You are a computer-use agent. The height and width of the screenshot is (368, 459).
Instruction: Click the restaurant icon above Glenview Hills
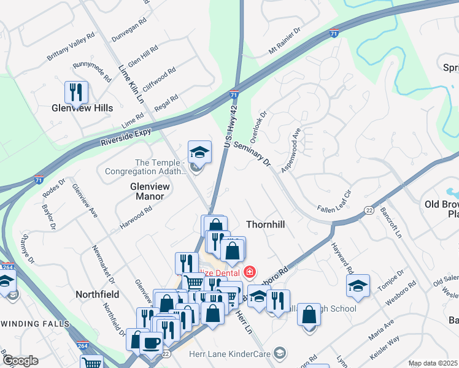coord(77,93)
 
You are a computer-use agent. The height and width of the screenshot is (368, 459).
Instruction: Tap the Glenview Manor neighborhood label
coord(147,190)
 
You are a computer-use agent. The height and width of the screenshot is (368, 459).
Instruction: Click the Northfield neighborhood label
coord(97,294)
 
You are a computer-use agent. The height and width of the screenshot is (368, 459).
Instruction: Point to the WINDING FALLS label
coord(34,323)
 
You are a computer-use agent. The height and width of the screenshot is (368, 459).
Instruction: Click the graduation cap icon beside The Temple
coord(199,151)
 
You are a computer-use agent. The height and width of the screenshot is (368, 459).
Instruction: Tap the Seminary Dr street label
coord(252,150)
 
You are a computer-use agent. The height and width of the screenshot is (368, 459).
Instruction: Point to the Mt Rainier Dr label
coord(285,40)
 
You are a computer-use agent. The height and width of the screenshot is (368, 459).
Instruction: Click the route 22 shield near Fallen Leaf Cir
coord(368,210)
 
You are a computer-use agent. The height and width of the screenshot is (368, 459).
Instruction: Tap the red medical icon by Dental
coord(250,270)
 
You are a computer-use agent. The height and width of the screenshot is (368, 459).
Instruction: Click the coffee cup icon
coord(152,342)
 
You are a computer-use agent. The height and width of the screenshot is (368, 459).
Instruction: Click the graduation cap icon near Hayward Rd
coord(358,285)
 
